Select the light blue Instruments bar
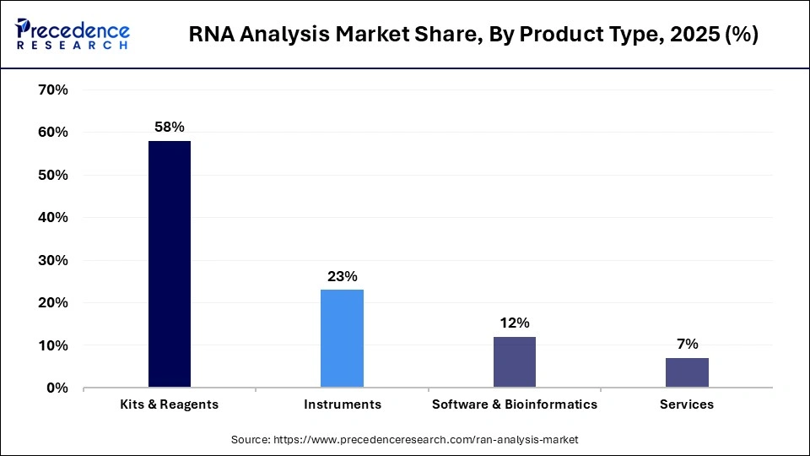[342, 339]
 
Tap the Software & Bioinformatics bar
[515, 362]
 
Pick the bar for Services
[687, 372]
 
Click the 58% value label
[170, 128]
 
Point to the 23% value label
[343, 276]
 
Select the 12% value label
[515, 323]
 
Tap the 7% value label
[687, 344]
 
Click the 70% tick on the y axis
[53, 90]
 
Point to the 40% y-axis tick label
[53, 217]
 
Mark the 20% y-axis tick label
[53, 302]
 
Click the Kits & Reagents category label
[170, 404]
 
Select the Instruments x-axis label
[343, 404]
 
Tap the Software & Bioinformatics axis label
[515, 404]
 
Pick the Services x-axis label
[687, 404]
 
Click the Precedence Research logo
[73, 35]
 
